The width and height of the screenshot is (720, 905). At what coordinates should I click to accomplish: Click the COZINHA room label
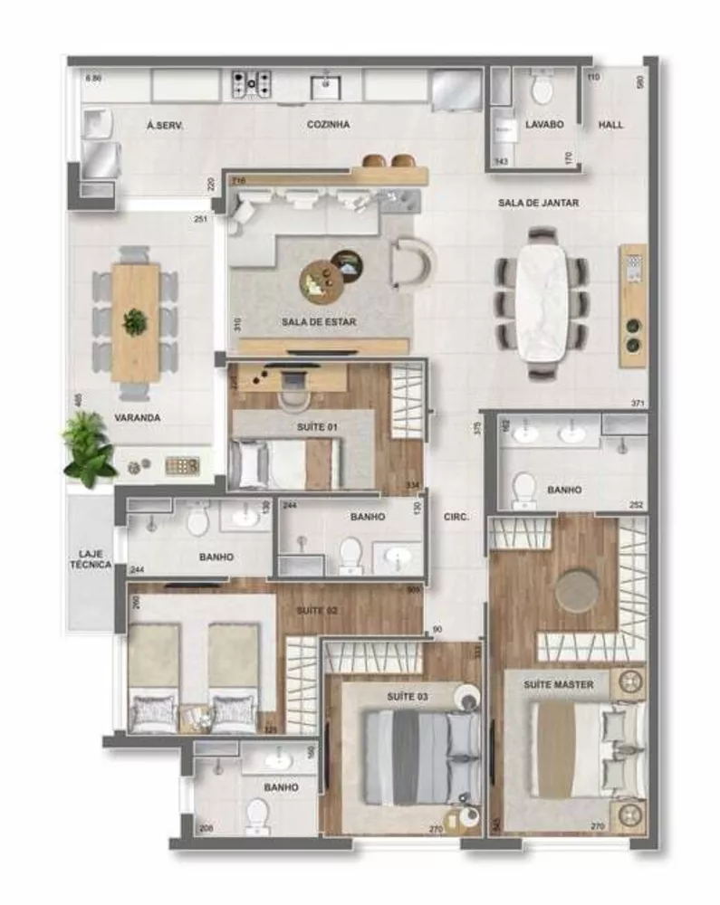click(327, 125)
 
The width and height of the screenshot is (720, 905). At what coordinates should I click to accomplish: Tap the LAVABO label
click(544, 125)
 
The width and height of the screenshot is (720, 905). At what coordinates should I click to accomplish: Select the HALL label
click(610, 125)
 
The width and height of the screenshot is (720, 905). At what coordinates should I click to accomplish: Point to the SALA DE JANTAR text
click(538, 204)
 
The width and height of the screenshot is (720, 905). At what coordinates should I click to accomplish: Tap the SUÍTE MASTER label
click(558, 685)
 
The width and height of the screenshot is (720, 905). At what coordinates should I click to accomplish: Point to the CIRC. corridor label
click(456, 519)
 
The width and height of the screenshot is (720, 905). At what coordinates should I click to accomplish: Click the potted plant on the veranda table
click(135, 320)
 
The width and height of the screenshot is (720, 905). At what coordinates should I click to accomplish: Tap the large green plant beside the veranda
click(90, 446)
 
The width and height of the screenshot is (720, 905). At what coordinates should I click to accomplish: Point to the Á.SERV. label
click(165, 126)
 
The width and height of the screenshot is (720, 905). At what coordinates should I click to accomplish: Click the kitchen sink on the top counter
click(325, 86)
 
